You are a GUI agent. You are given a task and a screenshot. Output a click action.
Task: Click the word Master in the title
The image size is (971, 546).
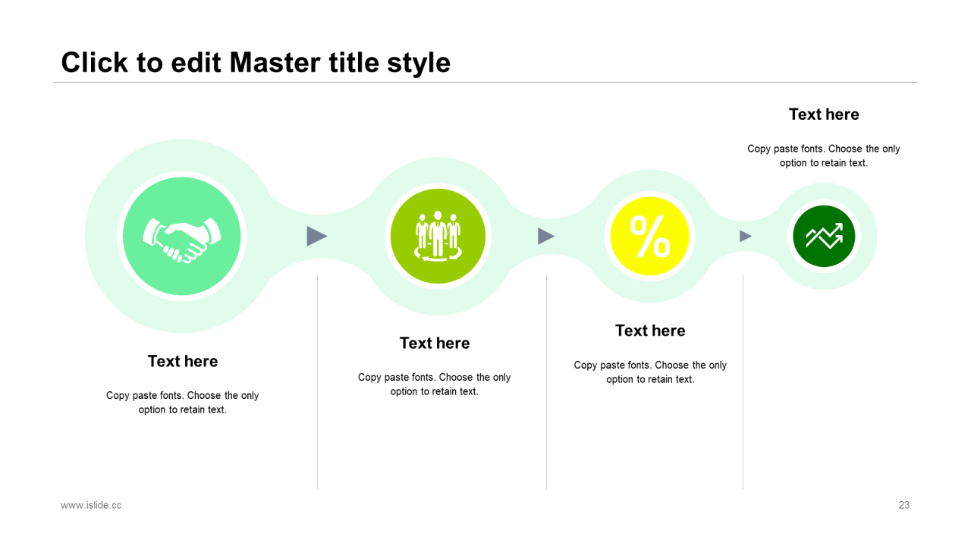[275, 63]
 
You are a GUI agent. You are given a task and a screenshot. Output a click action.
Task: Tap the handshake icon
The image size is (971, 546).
[181, 240]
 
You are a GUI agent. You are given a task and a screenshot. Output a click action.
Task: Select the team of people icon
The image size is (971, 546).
[438, 236]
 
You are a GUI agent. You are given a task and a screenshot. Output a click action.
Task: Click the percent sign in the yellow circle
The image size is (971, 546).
[650, 237]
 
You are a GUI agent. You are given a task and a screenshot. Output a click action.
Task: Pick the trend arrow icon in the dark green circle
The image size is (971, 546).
[824, 236]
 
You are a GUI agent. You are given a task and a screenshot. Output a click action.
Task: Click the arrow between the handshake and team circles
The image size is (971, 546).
[317, 236]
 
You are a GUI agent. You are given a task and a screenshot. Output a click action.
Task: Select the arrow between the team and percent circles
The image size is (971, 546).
[546, 236]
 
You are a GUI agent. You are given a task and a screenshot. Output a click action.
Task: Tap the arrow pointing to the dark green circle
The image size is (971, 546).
[746, 236]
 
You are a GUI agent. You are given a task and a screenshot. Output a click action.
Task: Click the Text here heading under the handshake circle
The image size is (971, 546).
[183, 362]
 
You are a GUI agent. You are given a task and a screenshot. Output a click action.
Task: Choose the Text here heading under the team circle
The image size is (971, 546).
[435, 344]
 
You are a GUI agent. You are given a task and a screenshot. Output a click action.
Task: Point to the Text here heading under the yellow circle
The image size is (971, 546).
[650, 331]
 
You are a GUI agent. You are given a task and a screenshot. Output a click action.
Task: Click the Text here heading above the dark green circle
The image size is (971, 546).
[824, 115]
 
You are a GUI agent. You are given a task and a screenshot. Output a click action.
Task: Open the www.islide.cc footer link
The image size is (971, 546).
[91, 505]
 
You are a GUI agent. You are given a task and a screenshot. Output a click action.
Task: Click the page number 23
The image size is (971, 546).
[903, 505]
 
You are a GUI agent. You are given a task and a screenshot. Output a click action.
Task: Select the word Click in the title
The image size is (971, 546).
[95, 63]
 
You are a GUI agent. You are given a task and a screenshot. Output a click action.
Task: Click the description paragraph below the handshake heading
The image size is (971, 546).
[183, 403]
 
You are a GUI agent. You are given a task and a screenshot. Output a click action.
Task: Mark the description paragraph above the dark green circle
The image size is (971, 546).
[824, 156]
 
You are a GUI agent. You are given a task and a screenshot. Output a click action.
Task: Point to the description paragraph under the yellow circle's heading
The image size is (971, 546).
[650, 372]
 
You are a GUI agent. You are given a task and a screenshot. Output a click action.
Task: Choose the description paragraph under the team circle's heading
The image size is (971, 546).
[435, 384]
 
